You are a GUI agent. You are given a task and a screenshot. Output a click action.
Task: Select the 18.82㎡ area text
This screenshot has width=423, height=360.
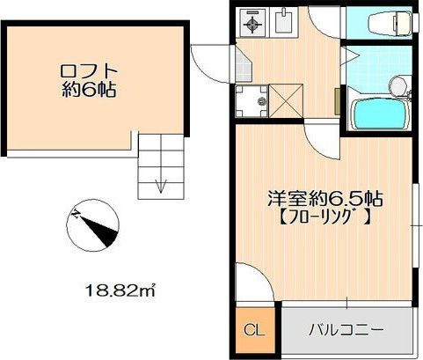(122, 288)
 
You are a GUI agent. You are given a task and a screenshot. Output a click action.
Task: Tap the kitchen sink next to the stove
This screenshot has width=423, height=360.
(285, 21)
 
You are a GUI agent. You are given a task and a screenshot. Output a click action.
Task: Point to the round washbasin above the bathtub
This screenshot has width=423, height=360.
(397, 86)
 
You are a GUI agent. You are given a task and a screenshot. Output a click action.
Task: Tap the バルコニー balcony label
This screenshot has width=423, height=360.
(346, 331)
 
